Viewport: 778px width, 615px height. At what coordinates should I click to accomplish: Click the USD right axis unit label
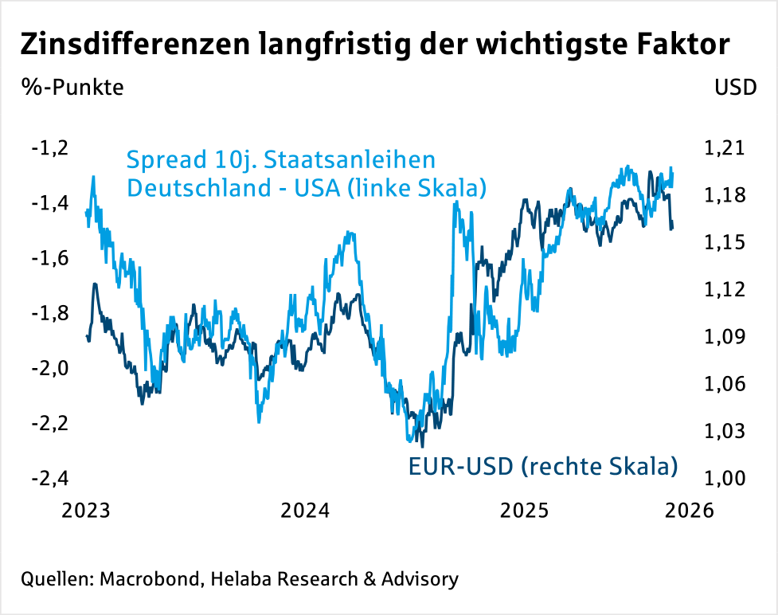pos(736,87)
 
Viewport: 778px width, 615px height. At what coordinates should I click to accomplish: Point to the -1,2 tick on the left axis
pos(49,148)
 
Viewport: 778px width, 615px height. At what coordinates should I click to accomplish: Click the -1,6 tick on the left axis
pos(49,259)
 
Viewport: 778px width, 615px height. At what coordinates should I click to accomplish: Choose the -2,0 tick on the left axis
pos(49,369)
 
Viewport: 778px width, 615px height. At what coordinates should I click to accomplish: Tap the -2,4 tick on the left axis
pos(49,479)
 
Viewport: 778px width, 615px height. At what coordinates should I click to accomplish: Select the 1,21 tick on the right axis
pos(723,148)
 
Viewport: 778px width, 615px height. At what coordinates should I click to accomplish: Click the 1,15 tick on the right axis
pos(723,242)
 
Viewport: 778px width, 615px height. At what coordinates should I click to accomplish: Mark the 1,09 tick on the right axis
pos(723,337)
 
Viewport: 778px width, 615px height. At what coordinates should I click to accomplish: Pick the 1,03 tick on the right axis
pos(723,432)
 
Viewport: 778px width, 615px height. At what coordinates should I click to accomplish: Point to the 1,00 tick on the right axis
pos(723,479)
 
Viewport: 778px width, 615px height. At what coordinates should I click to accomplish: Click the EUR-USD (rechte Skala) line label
pos(542,466)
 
